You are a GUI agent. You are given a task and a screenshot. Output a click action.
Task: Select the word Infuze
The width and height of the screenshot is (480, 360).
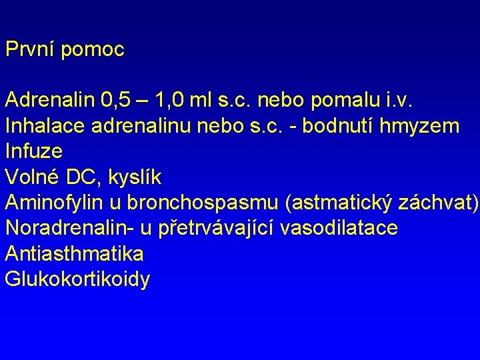[34, 151]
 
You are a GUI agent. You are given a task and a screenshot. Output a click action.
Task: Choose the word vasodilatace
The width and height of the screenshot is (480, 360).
[339, 228]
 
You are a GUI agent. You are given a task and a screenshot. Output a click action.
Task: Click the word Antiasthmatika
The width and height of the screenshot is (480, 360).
[74, 253]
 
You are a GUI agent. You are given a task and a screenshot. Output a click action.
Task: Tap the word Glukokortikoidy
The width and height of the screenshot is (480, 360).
[77, 279]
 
